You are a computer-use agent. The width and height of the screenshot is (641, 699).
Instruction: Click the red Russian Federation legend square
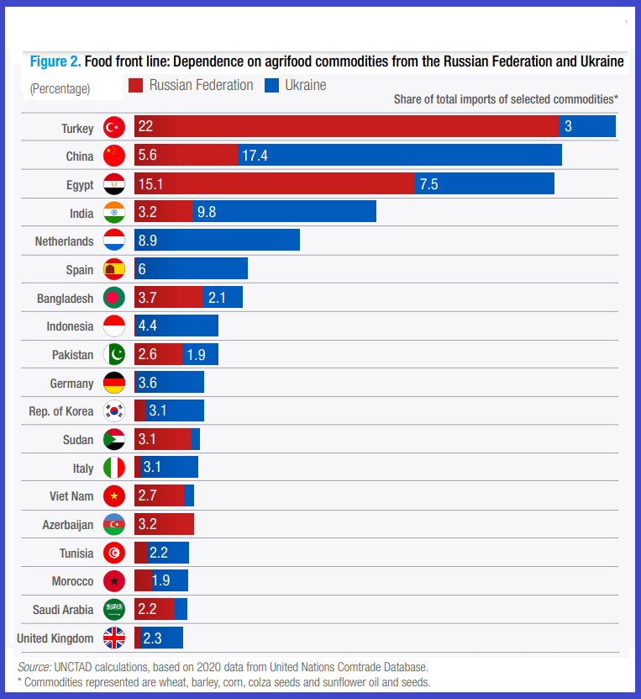pos(136,86)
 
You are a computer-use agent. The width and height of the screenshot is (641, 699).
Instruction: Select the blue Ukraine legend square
pos(271,86)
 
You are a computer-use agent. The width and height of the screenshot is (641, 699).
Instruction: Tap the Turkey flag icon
pos(114,127)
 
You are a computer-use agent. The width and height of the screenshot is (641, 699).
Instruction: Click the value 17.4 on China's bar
pos(255,156)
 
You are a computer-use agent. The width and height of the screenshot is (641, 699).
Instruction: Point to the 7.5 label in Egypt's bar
pos(428,184)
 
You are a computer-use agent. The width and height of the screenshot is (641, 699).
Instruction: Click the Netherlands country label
pos(64,241)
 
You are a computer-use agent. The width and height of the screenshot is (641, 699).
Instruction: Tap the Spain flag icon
pos(114,270)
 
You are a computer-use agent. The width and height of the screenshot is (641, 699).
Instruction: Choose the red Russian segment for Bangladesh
pos(168,298)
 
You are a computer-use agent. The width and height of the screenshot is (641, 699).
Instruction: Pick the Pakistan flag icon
pos(114,355)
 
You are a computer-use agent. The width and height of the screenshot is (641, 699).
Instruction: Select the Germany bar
pos(169,384)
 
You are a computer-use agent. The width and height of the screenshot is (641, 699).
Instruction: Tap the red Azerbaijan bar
pos(164,525)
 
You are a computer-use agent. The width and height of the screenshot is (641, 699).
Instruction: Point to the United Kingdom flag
pos(114,638)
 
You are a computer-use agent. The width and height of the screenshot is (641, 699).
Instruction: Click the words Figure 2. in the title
pos(55,61)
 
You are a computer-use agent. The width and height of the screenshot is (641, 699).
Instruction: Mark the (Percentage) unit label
pos(60,88)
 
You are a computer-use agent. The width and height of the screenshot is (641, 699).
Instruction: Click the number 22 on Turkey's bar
pos(145,127)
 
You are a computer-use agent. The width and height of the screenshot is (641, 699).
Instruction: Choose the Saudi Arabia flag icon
pos(114,610)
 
